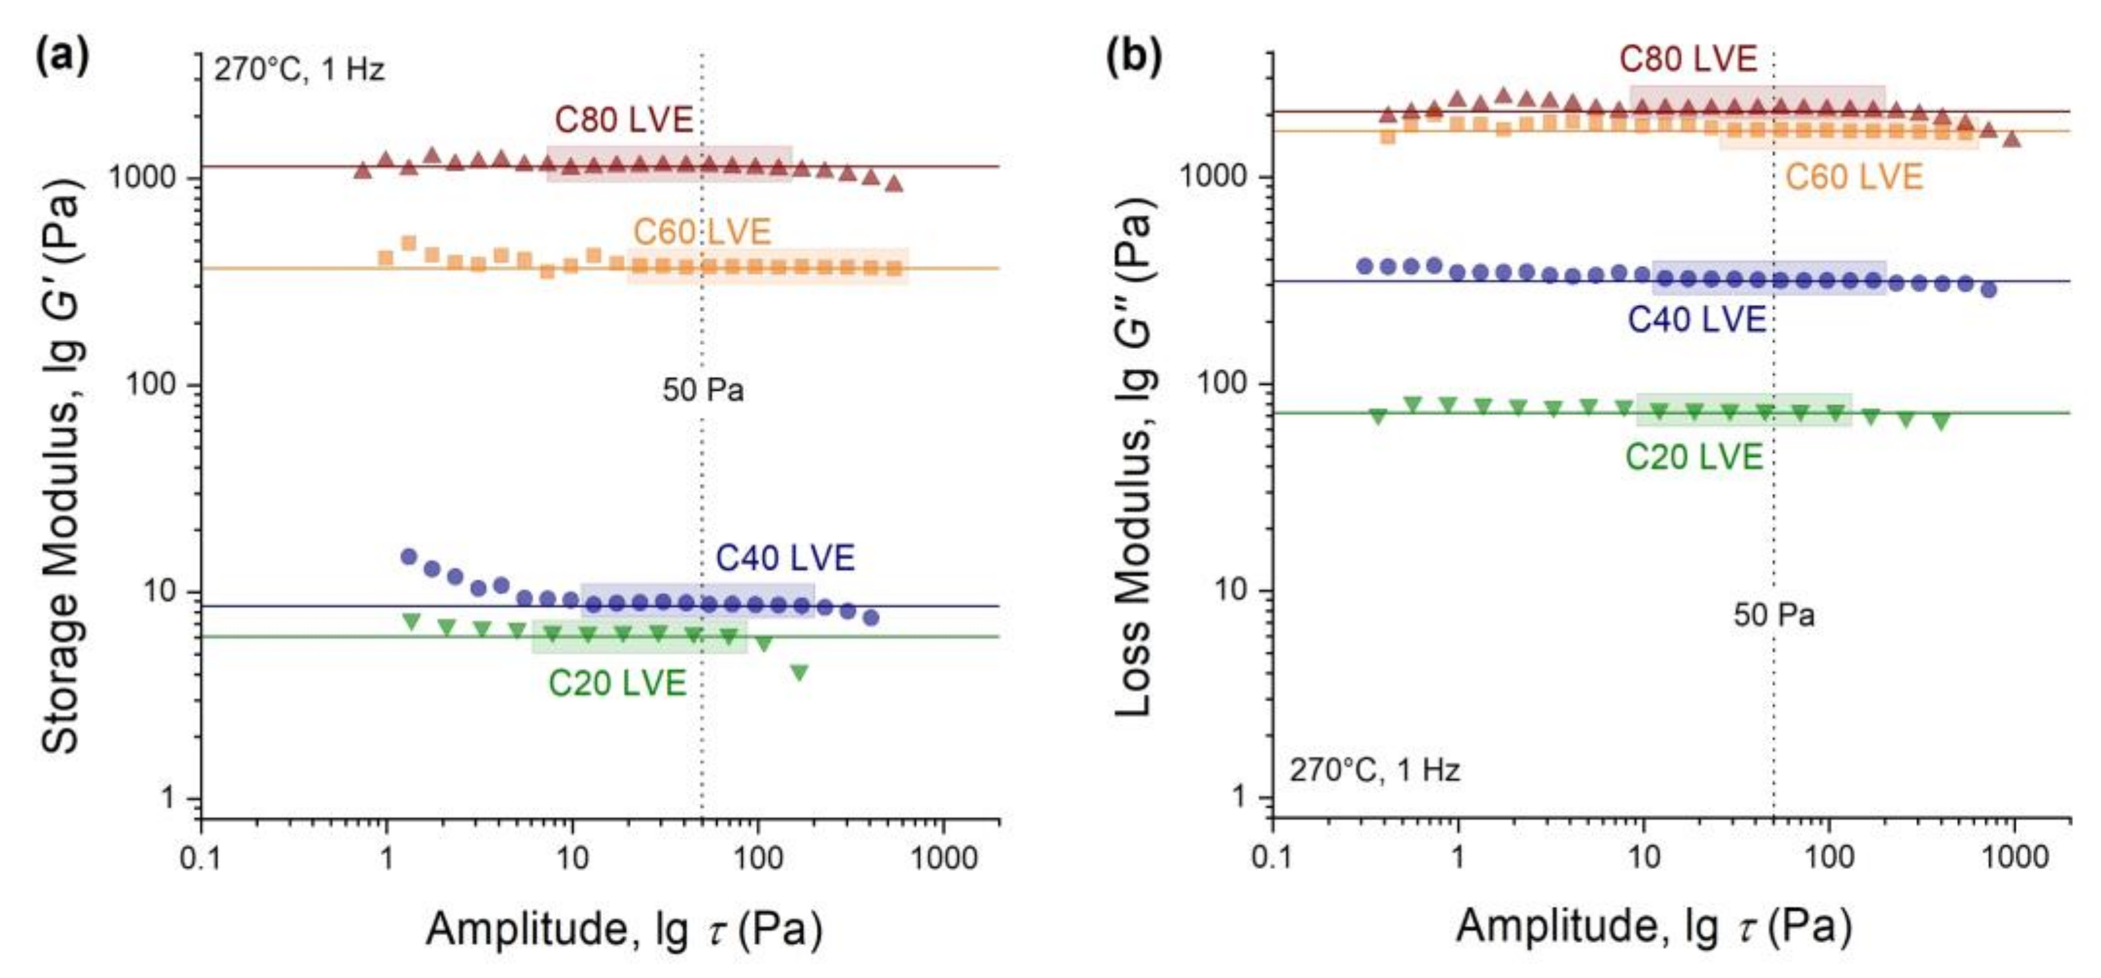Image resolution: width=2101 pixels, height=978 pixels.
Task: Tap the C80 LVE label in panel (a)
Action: pyautogui.click(x=624, y=120)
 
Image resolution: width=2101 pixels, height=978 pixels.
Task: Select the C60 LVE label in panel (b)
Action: pyautogui.click(x=1854, y=177)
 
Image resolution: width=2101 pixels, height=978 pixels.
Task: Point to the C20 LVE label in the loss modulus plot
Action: pyautogui.click(x=1694, y=457)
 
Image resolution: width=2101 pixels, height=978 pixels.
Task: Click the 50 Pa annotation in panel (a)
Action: pyautogui.click(x=703, y=390)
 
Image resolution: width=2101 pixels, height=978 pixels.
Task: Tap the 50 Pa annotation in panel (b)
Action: pyautogui.click(x=1774, y=614)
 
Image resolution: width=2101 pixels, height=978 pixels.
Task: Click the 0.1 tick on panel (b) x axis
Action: pyautogui.click(x=1272, y=858)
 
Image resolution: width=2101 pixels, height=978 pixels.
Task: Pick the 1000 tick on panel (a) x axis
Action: pyautogui.click(x=944, y=858)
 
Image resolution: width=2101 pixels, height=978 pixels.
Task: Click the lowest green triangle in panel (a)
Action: pyautogui.click(x=800, y=672)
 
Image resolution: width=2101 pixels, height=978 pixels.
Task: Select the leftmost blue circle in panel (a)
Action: pyautogui.click(x=409, y=556)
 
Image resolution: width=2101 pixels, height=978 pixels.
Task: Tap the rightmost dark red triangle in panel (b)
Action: pyautogui.click(x=2012, y=139)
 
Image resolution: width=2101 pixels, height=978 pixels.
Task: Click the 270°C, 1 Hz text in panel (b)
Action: pyautogui.click(x=1374, y=770)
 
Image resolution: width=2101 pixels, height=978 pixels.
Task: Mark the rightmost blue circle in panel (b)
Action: pyautogui.click(x=1989, y=289)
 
